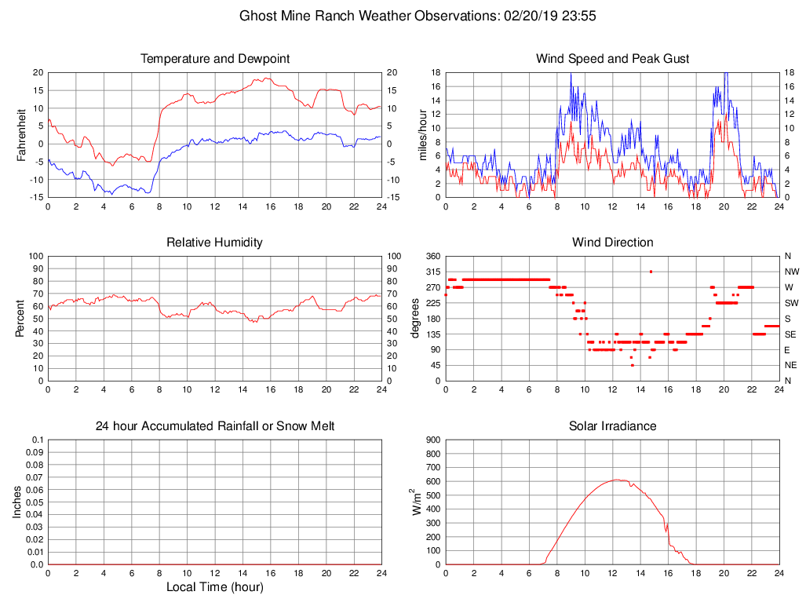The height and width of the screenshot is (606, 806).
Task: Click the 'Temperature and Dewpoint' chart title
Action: pos(214,59)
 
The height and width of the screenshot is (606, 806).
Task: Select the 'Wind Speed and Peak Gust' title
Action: pos(612,59)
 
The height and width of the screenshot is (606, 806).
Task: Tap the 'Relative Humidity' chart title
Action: pos(214,243)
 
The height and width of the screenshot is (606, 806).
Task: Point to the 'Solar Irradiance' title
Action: pos(612,426)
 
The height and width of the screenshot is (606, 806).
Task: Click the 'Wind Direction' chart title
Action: pos(612,243)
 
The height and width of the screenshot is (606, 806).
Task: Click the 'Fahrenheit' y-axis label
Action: pos(21,134)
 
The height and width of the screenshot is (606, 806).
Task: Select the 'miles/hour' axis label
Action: pos(423,134)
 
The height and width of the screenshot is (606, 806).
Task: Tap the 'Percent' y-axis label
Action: pos(21,318)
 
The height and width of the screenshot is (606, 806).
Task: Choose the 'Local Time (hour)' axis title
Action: pos(214,587)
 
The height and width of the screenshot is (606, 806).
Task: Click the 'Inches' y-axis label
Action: pos(18,502)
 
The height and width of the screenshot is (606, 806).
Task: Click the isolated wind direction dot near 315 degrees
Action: pos(651,272)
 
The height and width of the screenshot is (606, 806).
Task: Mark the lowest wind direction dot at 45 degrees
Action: pos(632,365)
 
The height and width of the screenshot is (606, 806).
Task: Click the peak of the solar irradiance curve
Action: pos(617,480)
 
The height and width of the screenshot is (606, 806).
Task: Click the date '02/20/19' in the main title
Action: pos(525,16)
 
